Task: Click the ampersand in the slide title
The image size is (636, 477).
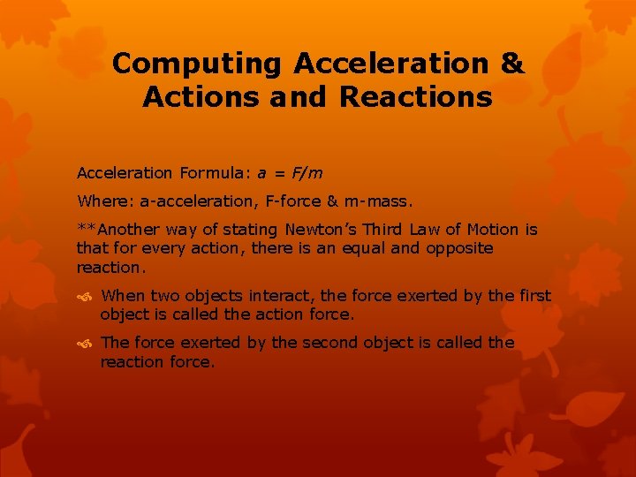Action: point(511,64)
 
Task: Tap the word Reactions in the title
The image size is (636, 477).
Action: point(415,96)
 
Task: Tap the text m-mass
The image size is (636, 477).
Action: point(381,201)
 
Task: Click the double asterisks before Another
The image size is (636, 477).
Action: point(87,230)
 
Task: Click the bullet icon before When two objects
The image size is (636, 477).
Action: point(87,296)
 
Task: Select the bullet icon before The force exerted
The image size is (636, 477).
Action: point(87,343)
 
